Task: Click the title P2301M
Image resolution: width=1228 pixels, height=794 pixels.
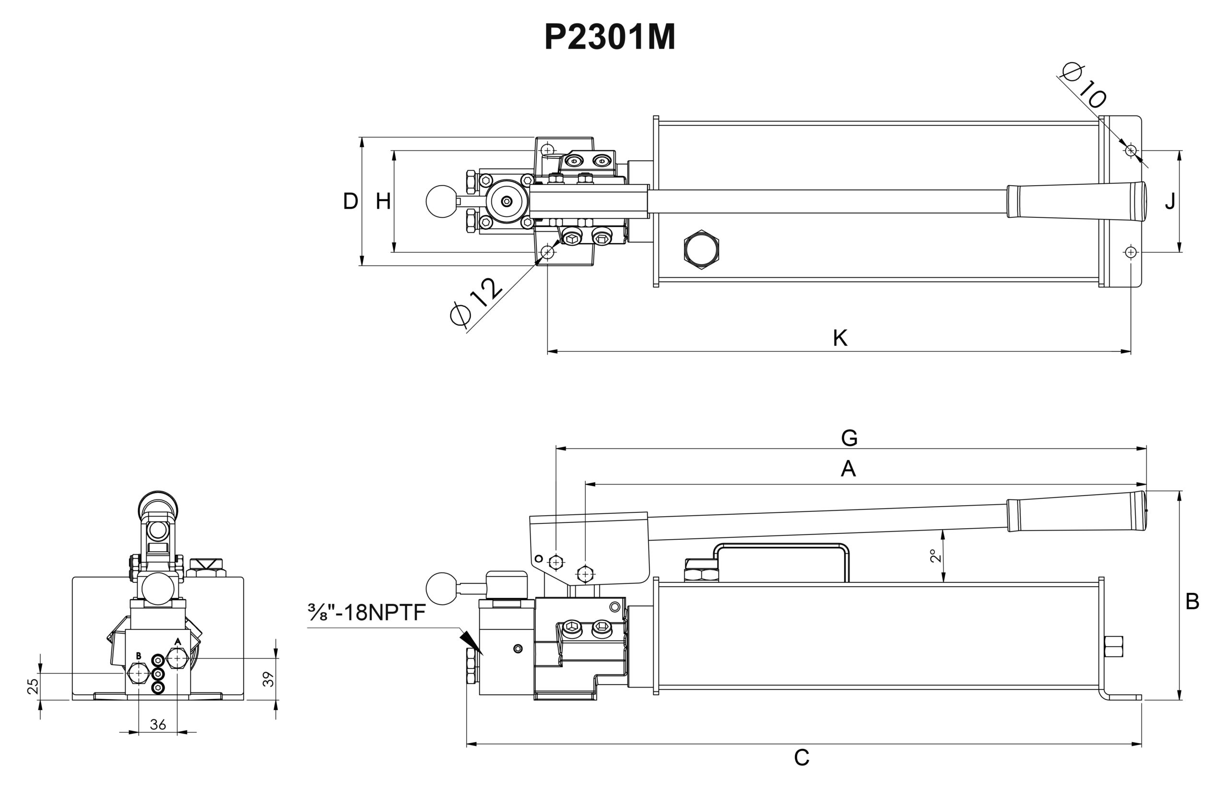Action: click(609, 37)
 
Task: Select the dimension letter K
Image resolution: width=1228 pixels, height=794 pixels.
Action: click(840, 338)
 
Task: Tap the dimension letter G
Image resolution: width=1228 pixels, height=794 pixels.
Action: click(849, 438)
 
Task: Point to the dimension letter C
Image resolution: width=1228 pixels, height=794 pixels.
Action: click(801, 758)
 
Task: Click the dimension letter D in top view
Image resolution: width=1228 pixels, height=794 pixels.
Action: click(351, 201)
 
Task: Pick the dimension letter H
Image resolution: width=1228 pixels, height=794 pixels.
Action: click(383, 201)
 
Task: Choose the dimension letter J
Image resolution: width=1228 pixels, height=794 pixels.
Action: click(1170, 201)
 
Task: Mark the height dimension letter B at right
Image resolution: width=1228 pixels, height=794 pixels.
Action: click(1192, 602)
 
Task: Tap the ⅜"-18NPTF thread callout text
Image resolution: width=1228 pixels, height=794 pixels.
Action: click(366, 613)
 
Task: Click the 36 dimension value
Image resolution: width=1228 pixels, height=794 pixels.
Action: click(158, 725)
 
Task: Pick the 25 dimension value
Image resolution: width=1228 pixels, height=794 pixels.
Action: click(33, 686)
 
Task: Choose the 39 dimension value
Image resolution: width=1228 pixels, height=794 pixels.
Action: click(268, 679)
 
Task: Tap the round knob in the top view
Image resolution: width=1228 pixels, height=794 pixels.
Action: click(441, 201)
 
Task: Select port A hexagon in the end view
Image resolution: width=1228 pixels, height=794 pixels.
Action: click(177, 658)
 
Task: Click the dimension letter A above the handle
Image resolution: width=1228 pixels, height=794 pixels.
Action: click(848, 469)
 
